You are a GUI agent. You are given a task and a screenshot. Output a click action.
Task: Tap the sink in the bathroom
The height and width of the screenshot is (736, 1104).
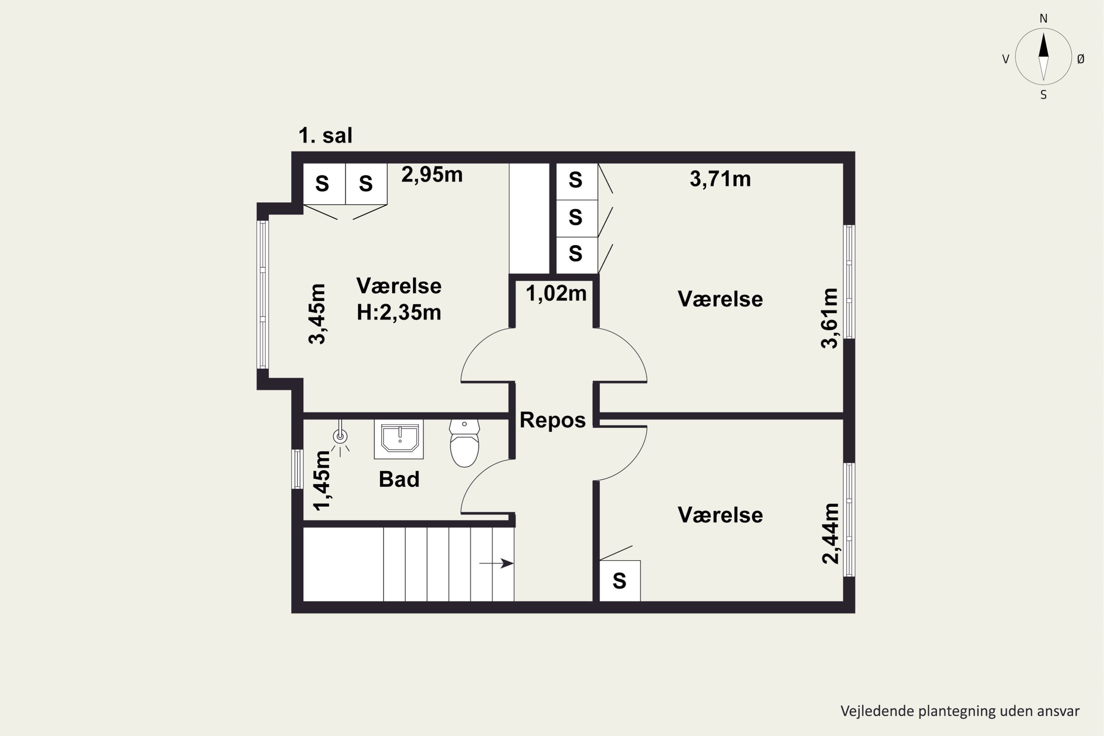pos(399,439)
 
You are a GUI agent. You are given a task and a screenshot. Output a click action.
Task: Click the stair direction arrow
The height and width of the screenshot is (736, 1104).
pos(496,563)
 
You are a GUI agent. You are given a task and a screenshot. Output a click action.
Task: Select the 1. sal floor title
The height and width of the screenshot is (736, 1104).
pos(325,136)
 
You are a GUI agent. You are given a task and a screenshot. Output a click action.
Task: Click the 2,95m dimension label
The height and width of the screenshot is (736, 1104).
pos(432,174)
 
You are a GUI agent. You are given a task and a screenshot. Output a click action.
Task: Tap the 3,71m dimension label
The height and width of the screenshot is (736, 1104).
pos(720,179)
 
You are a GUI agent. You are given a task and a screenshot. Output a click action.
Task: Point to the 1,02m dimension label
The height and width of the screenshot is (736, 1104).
pos(556,294)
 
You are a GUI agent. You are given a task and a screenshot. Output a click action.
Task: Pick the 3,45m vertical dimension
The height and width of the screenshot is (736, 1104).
pos(317,314)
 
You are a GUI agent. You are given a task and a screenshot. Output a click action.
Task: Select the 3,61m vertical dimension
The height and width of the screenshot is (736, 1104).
pos(829,318)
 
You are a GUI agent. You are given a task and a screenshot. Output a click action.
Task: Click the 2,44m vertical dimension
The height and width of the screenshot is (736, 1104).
pos(830,533)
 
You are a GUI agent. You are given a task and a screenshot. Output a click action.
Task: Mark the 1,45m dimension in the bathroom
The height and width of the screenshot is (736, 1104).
pos(322,480)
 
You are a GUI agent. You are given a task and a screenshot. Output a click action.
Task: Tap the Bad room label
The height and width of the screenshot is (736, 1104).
pos(399,479)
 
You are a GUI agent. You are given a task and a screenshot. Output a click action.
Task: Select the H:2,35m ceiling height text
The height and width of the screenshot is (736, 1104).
pos(399,312)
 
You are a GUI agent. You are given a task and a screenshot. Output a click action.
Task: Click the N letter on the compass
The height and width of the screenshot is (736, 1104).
pos(1043,18)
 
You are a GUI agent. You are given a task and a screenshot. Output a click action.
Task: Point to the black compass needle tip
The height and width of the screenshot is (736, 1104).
pos(1043,33)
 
